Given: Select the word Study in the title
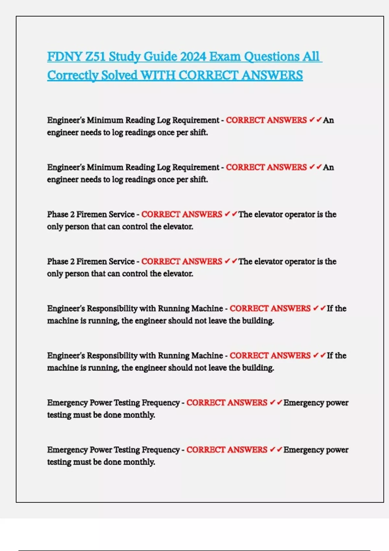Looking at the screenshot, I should [x=124, y=57].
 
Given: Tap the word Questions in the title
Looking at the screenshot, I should [x=272, y=57].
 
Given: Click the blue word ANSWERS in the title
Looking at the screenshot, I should [x=272, y=76].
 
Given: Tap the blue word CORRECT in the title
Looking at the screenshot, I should [x=208, y=76].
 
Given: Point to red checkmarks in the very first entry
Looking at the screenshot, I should [x=315, y=120].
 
